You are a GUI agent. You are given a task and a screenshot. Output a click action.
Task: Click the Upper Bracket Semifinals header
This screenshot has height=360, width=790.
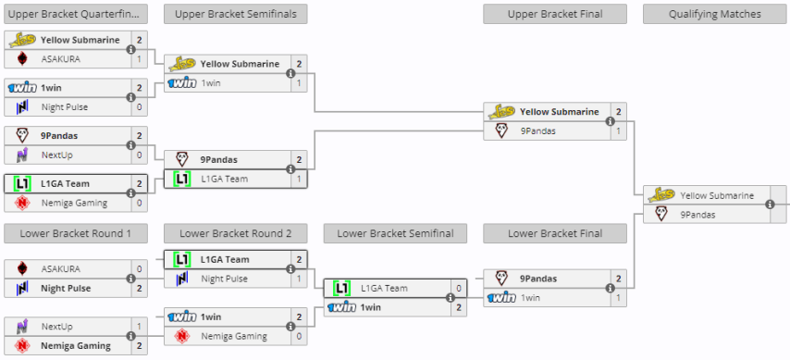pyautogui.click(x=235, y=14)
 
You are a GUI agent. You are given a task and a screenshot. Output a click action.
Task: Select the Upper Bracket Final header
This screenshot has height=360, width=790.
pyautogui.click(x=554, y=14)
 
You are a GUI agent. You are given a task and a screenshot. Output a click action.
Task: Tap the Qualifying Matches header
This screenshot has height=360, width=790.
pyautogui.click(x=714, y=14)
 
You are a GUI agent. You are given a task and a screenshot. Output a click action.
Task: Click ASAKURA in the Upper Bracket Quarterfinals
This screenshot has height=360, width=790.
pyautogui.click(x=60, y=58)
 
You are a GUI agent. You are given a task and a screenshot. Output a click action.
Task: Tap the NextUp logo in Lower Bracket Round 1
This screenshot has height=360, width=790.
pyautogui.click(x=22, y=327)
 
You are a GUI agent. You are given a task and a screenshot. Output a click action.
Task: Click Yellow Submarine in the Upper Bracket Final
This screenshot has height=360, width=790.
pyautogui.click(x=559, y=112)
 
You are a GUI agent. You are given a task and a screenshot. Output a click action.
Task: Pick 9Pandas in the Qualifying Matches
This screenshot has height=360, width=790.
pyautogui.click(x=698, y=214)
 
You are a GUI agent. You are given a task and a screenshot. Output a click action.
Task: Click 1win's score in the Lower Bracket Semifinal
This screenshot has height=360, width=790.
pyautogui.click(x=459, y=307)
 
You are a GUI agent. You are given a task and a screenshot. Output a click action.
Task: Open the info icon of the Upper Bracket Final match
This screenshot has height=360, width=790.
pyautogui.click(x=610, y=121)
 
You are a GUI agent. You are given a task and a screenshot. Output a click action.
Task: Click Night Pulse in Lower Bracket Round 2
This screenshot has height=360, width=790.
pyautogui.click(x=225, y=279)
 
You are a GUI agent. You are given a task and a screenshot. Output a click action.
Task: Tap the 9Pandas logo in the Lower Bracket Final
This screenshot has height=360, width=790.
pyautogui.click(x=501, y=279)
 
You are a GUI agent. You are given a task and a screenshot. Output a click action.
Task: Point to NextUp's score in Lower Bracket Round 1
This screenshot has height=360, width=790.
pyautogui.click(x=140, y=327)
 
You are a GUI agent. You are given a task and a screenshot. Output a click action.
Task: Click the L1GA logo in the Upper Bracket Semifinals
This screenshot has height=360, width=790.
pyautogui.click(x=182, y=179)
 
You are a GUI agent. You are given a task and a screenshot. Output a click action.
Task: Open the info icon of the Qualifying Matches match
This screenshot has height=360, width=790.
pyautogui.click(x=770, y=205)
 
